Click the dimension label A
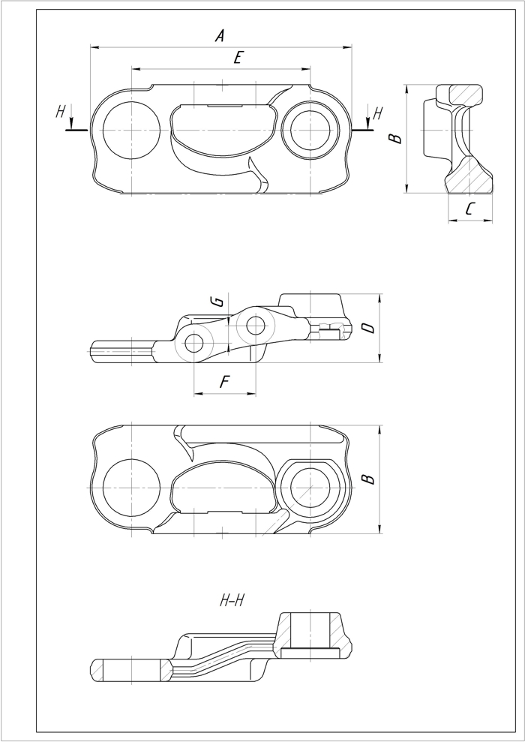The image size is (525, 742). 220,35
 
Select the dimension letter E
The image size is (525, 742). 238,58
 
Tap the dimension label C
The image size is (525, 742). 469,209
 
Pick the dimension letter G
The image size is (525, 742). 218,302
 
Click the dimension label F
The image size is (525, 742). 225,382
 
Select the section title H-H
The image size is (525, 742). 232,600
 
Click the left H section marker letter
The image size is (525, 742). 60,112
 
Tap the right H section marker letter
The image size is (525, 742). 378,113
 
